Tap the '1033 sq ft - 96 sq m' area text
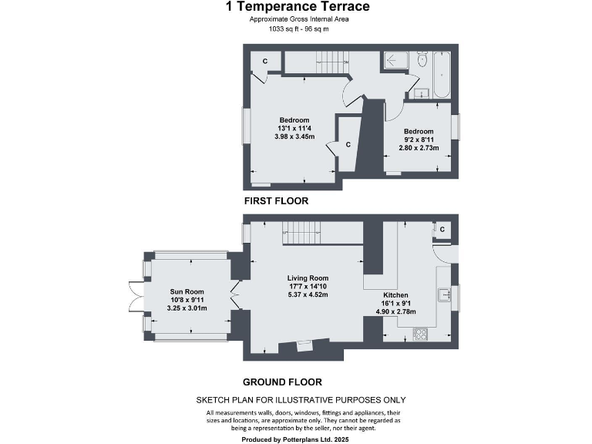pyautogui.click(x=298, y=29)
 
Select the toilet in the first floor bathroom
pyautogui.click(x=422, y=61)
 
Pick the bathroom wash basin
pyautogui.click(x=421, y=93)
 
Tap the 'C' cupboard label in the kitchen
pyautogui.click(x=442, y=229)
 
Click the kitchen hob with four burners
pyautogui.click(x=422, y=333)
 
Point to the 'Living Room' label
pyautogui.click(x=308, y=278)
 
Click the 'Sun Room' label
pyautogui.click(x=183, y=292)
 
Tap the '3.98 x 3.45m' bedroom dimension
pyautogui.click(x=294, y=136)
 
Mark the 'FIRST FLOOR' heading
pyautogui.click(x=276, y=200)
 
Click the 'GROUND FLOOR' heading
pyautogui.click(x=282, y=382)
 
